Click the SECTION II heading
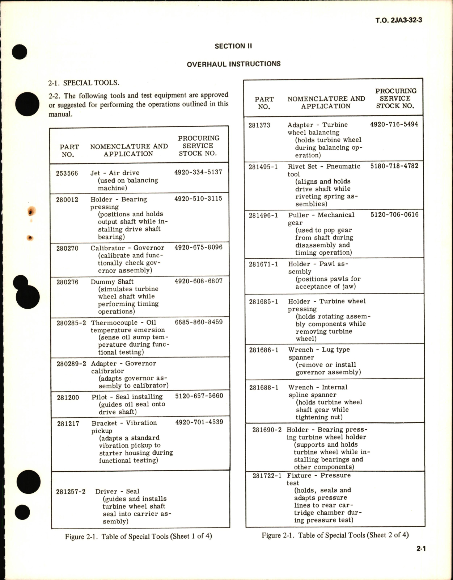coord(233,46)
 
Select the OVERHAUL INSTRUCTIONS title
coord(233,64)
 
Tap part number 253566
coord(67,173)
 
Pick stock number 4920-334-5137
coord(198,172)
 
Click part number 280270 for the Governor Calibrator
coord(67,248)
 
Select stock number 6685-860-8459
coord(199,322)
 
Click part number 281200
coord(68,397)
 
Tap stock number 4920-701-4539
coord(199,422)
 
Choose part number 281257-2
coord(71,492)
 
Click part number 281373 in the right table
coord(259,125)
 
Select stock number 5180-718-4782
coord(394,166)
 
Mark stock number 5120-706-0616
coord(394,214)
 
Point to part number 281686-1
coord(264,350)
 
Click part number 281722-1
coord(267,476)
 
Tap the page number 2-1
coord(421,548)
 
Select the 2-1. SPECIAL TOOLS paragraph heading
coord(84,83)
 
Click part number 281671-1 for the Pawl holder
coord(263,264)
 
